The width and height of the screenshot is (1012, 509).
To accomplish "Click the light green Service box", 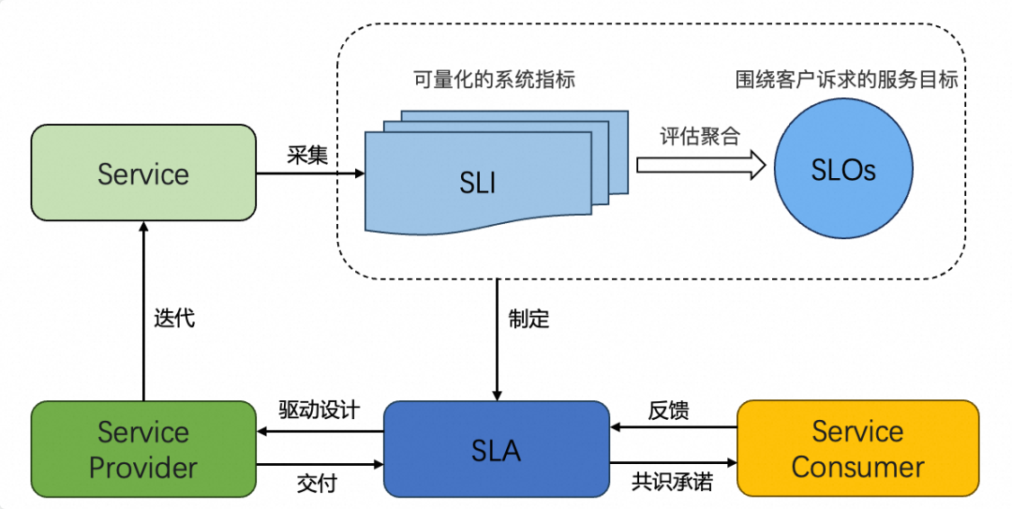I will click(x=143, y=173).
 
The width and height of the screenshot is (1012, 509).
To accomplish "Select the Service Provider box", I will click(x=143, y=449).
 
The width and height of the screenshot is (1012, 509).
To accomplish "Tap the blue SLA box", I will click(x=497, y=449).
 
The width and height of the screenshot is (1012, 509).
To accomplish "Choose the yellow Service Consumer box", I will click(x=857, y=449).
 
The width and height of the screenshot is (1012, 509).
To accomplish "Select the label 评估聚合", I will click(x=700, y=136).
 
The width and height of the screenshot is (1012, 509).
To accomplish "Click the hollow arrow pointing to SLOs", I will click(x=701, y=165).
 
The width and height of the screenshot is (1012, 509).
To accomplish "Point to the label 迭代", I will click(x=174, y=318).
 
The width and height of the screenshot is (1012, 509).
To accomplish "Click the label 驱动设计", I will click(x=319, y=412).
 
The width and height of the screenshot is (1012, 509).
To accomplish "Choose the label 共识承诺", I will click(x=672, y=483).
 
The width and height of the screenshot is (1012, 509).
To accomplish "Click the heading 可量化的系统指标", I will click(x=494, y=80).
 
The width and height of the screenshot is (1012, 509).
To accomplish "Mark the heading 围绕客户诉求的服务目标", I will click(x=846, y=80).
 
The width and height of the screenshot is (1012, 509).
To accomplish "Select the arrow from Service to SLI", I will click(x=310, y=173).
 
